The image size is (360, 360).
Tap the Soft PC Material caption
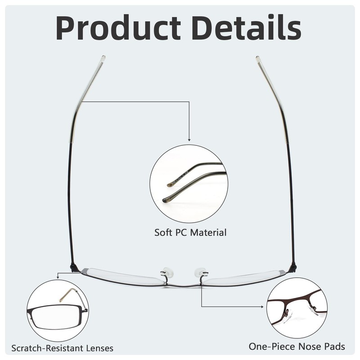[190, 233]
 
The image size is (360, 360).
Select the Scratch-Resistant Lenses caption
[63, 348]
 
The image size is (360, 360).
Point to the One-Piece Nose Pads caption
[297, 346]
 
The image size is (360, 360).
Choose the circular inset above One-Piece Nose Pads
[297, 308]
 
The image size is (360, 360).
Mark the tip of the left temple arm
[103, 58]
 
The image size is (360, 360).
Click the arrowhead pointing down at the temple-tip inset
[189, 139]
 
